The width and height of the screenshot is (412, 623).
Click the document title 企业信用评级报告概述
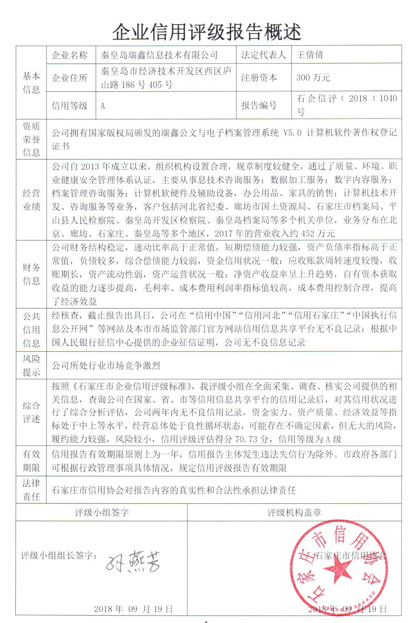click(x=206, y=32)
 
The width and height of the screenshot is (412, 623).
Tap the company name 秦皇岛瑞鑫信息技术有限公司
click(x=159, y=55)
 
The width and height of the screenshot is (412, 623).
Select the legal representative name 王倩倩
click(x=310, y=55)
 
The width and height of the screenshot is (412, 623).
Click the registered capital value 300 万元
click(x=313, y=78)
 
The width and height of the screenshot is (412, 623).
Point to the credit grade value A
click(x=103, y=106)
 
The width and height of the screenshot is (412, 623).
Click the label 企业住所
click(x=70, y=78)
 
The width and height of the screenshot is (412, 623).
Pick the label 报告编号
click(x=259, y=105)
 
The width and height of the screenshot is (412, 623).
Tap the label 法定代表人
click(x=263, y=55)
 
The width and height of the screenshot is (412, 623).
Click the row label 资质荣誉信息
click(x=32, y=140)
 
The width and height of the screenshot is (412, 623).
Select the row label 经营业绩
click(x=32, y=200)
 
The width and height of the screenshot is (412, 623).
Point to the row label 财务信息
click(x=32, y=274)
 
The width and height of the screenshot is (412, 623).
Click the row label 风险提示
click(x=32, y=365)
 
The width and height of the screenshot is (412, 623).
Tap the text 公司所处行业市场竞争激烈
click(x=106, y=365)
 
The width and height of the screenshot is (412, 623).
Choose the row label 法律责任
click(x=32, y=490)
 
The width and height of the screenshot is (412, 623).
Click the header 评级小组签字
click(x=102, y=513)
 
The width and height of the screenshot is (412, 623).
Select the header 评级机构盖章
click(x=294, y=513)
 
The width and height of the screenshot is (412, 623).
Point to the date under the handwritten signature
click(x=133, y=609)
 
